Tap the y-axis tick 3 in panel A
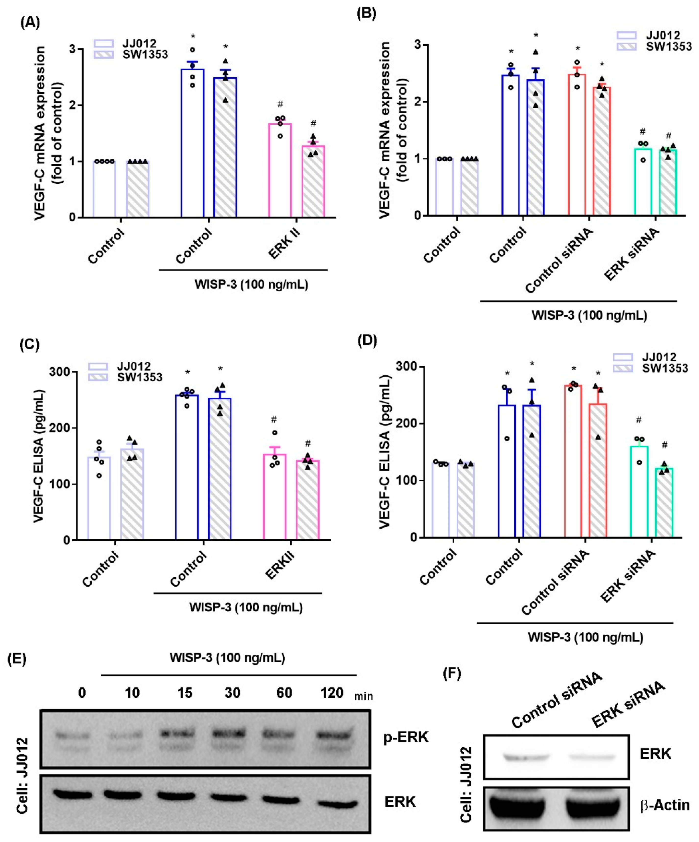(73, 49)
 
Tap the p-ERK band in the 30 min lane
(232, 733)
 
